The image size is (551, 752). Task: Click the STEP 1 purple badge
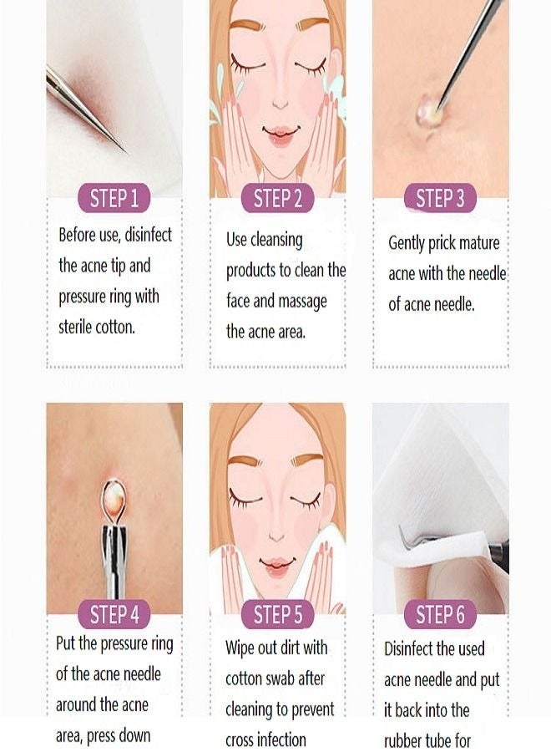click(x=114, y=197)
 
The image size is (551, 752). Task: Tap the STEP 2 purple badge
click(x=277, y=197)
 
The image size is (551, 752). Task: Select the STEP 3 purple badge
click(x=440, y=197)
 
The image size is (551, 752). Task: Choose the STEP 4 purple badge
click(x=114, y=614)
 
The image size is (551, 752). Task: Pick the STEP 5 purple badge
click(x=277, y=614)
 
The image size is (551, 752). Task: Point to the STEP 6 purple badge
click(x=440, y=614)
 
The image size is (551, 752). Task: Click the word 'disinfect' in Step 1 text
click(x=148, y=235)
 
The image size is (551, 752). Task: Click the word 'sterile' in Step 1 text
click(x=76, y=327)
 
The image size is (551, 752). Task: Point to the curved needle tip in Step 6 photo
click(x=403, y=541)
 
